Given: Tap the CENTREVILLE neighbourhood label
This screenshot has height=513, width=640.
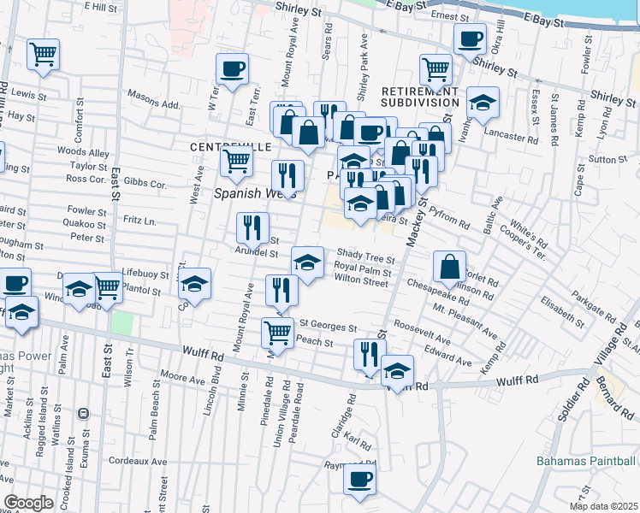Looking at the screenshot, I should pyautogui.click(x=225, y=147).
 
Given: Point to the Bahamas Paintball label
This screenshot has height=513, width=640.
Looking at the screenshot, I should pyautogui.click(x=587, y=461).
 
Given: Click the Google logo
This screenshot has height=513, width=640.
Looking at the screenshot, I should pyautogui.click(x=28, y=503).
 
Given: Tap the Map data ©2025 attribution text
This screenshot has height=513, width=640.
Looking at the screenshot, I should pyautogui.click(x=603, y=505).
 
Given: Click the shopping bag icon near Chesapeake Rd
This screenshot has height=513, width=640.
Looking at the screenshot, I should pyautogui.click(x=449, y=268).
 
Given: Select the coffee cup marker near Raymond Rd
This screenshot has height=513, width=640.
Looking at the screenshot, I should pyautogui.click(x=359, y=478).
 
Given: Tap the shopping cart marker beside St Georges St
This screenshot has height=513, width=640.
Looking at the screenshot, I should pyautogui.click(x=276, y=332).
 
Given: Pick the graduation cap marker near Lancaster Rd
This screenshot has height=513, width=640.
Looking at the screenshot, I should pyautogui.click(x=483, y=103).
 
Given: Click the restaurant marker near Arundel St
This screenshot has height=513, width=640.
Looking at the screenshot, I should pyautogui.click(x=252, y=227).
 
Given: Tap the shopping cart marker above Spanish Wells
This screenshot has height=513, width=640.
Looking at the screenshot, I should pyautogui.click(x=236, y=159).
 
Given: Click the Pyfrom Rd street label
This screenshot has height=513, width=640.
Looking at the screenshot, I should pyautogui.click(x=450, y=223).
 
